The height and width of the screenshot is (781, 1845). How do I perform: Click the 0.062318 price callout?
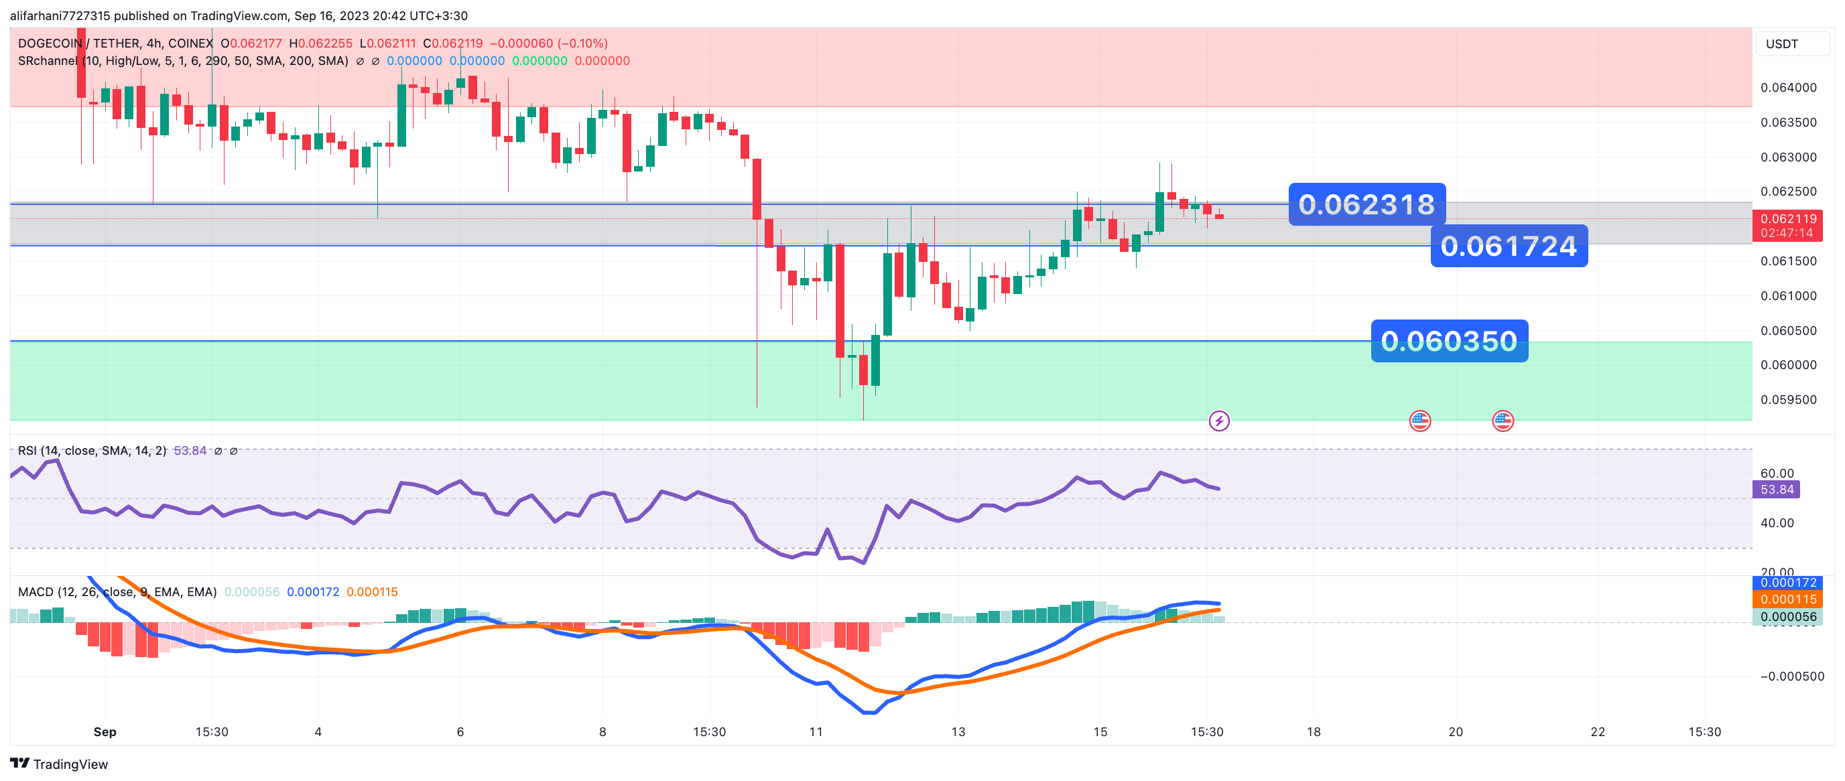1366,205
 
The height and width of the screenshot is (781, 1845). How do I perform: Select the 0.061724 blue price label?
1509,246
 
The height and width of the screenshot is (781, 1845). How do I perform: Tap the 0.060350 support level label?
1449,341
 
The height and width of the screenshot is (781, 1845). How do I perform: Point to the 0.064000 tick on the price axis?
1788,87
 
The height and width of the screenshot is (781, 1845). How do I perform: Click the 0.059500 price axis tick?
1788,399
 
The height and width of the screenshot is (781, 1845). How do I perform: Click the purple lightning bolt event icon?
1219,421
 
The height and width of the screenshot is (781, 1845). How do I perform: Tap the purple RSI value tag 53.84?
1776,490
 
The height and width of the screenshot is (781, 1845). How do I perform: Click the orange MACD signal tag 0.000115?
1788,599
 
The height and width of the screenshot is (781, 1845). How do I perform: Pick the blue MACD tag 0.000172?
1788,583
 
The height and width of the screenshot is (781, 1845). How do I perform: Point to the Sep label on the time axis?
105,731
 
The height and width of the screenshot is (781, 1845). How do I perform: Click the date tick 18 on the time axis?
1314,731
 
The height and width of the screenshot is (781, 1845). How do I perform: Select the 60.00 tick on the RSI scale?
1776,473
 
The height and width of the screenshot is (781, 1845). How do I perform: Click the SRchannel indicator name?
48,61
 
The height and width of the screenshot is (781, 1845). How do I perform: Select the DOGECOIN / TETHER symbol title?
115,44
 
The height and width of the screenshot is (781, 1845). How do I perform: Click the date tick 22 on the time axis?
1598,731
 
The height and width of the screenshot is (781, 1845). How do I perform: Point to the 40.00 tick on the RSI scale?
1776,522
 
